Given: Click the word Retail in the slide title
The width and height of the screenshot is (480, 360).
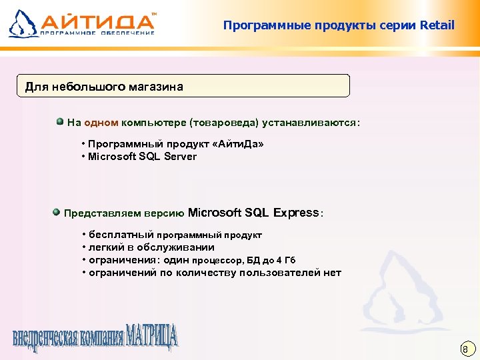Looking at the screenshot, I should tap(437, 26).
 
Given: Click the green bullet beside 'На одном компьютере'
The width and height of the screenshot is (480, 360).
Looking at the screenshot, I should tap(59, 122).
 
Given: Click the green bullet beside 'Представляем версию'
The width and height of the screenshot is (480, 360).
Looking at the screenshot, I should tap(56, 212).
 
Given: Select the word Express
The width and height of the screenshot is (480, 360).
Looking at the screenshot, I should tap(296, 213).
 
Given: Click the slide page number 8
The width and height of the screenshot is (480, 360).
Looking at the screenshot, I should tap(465, 349).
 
